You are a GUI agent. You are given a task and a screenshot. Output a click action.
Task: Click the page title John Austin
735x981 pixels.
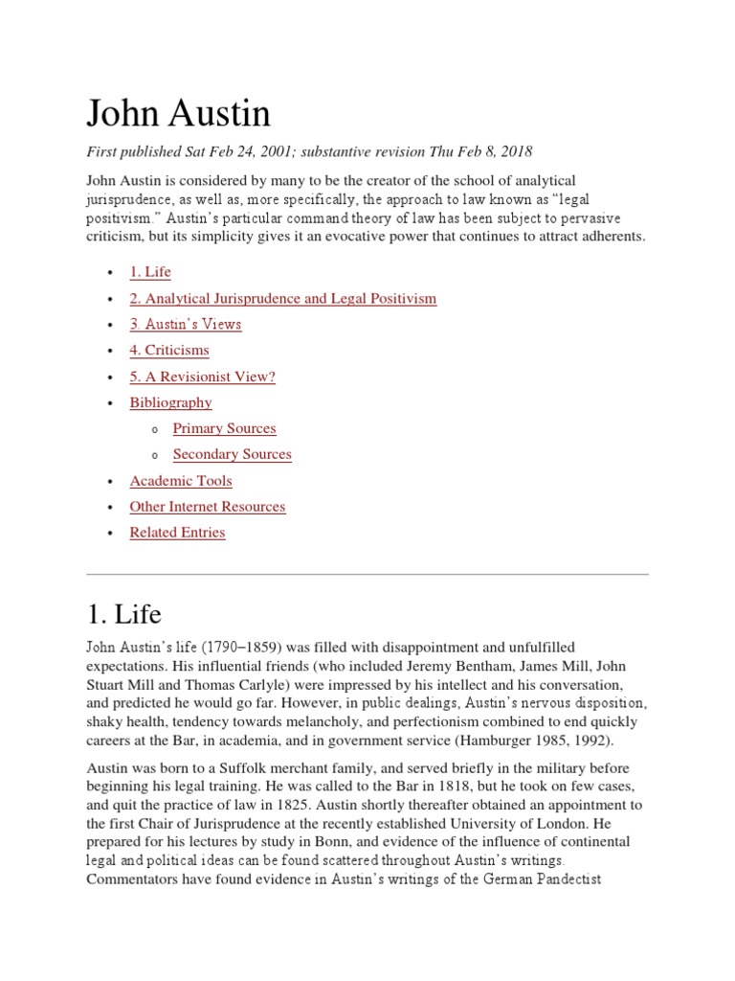tap(179, 115)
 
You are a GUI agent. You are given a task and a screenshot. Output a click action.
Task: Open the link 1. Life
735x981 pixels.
tap(150, 272)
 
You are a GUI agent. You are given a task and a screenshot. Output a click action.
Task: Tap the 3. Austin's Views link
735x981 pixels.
tap(186, 324)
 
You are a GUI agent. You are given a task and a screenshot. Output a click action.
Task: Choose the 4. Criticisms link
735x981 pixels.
tap(169, 351)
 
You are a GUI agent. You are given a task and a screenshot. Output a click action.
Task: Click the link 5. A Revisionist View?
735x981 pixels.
tap(202, 376)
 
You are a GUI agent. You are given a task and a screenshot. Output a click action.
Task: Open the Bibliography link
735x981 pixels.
tap(170, 402)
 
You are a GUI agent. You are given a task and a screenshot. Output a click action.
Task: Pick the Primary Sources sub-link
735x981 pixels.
tap(224, 428)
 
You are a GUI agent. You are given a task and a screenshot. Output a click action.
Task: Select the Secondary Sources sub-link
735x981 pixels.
tap(232, 454)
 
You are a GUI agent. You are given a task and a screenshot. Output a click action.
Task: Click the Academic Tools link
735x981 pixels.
tap(181, 481)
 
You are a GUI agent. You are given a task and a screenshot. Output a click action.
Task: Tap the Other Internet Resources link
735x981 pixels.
tap(208, 507)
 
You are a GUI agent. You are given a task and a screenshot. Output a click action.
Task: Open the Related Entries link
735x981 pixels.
tap(177, 533)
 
